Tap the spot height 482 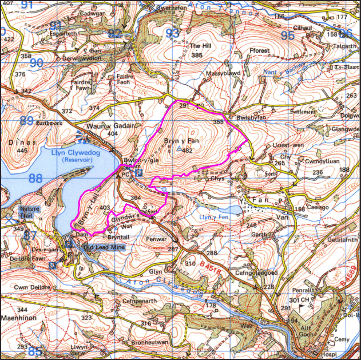click(187, 151)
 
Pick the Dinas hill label click(19, 142)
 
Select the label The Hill click(200, 46)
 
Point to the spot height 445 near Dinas click(22, 151)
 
